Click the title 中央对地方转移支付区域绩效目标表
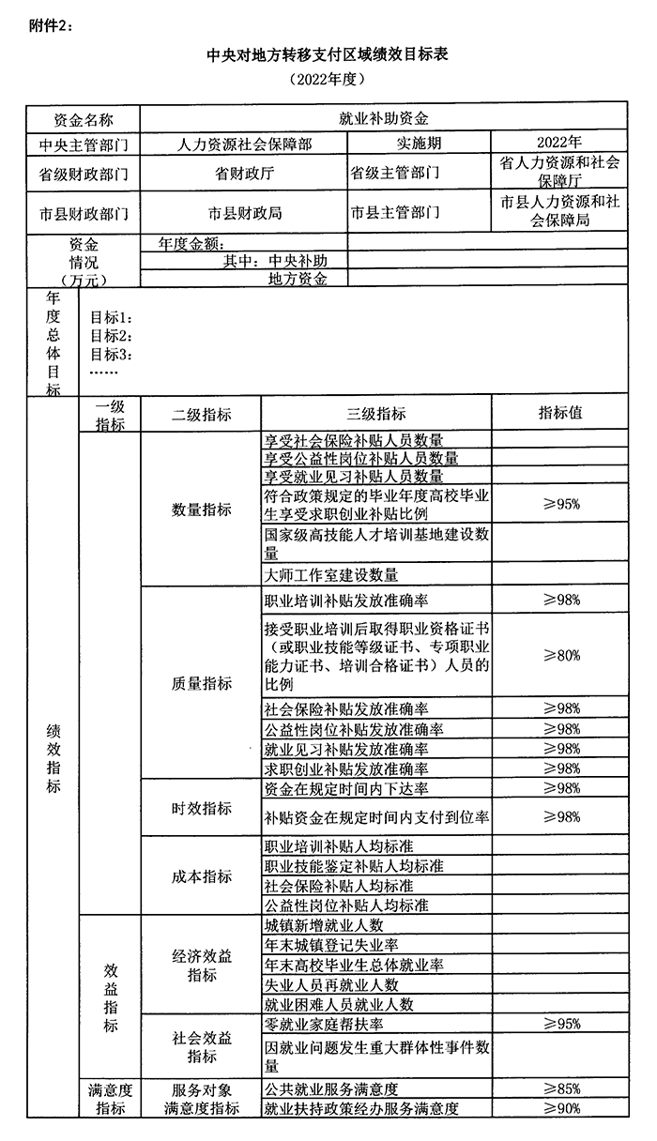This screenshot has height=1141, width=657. [327, 55]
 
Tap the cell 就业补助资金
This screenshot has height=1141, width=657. [383, 119]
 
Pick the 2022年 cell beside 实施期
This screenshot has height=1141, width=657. [558, 142]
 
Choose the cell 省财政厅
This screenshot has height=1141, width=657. [244, 174]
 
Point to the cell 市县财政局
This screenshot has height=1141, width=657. [244, 213]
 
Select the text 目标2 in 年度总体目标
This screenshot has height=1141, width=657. [111, 336]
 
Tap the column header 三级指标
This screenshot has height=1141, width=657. [376, 414]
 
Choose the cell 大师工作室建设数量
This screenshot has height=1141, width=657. [331, 574]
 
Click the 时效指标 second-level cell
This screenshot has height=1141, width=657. [201, 808]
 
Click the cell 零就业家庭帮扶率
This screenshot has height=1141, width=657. [324, 1024]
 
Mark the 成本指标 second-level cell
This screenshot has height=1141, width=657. [201, 875]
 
